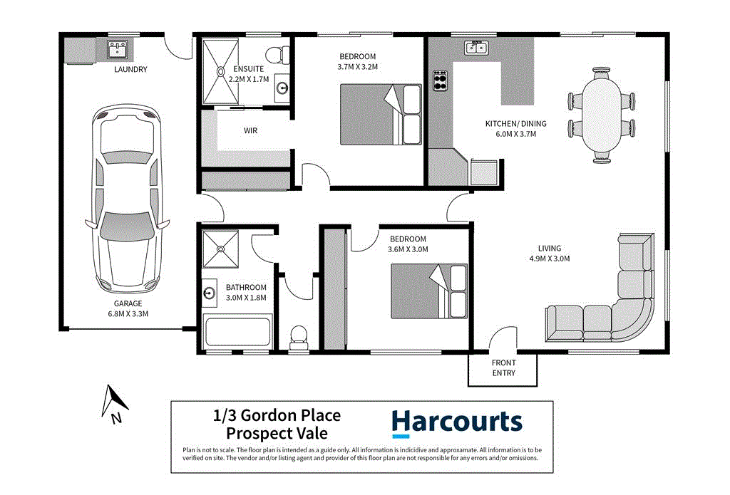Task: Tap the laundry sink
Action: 117,49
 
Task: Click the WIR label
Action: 250,131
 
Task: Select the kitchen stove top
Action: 438,80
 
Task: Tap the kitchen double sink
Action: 475,48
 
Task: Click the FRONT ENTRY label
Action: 503,368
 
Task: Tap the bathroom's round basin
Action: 210,293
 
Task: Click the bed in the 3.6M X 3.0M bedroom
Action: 428,292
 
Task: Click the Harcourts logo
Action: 456,422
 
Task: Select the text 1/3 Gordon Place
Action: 277,415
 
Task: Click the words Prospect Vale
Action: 277,433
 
